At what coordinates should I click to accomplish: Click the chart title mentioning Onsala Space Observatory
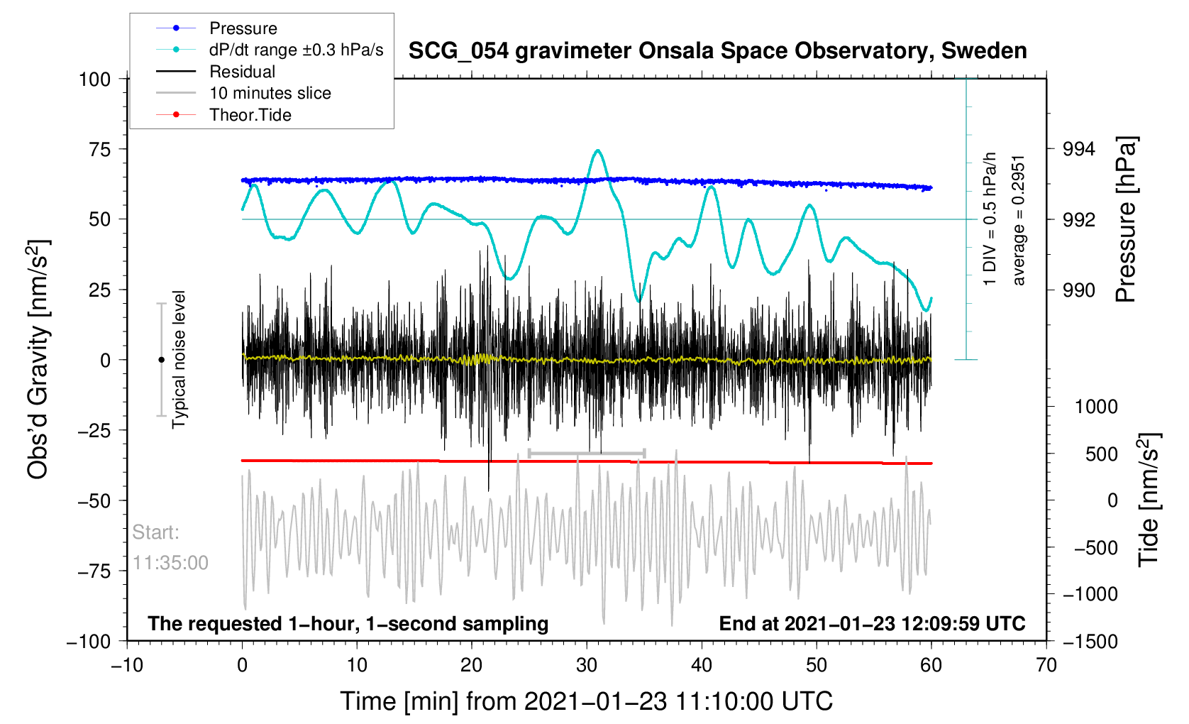point(717,51)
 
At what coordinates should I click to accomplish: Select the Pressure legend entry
point(243,28)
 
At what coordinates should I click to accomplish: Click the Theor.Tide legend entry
point(250,115)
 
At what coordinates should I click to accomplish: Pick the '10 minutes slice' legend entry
point(270,93)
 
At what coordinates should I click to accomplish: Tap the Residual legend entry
point(242,72)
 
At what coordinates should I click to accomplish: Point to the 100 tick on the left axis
point(94,79)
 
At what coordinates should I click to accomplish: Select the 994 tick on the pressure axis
point(1078,149)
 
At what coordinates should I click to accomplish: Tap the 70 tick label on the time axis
point(1046,666)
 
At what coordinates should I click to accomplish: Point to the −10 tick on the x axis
point(127,666)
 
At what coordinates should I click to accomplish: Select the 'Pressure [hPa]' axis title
point(1127,219)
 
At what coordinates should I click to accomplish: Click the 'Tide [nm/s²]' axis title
point(1149,500)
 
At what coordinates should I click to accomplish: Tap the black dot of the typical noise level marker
point(161,360)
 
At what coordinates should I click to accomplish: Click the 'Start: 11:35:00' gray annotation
point(170,547)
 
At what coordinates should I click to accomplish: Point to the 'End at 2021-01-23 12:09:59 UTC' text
point(872,624)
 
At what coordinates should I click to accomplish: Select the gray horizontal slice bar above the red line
point(587,453)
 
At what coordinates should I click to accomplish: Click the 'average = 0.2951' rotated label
point(1019,219)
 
